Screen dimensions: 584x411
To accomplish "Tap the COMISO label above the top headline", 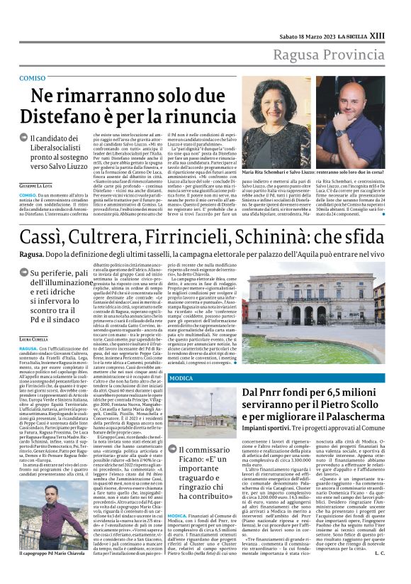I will [x=33, y=77].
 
